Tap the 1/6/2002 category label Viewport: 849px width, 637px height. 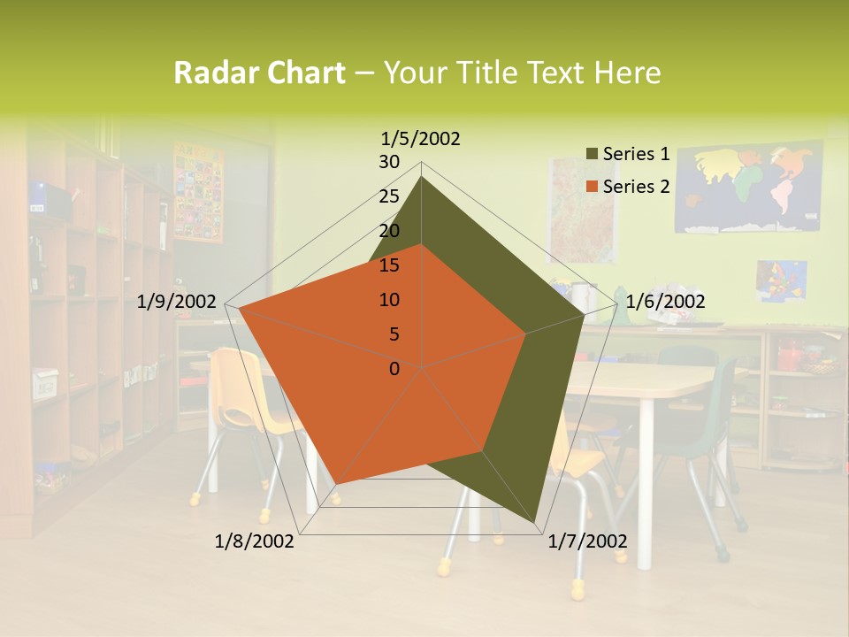[x=665, y=302]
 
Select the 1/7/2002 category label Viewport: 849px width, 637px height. [x=587, y=541]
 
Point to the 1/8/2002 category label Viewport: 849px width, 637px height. [x=255, y=541]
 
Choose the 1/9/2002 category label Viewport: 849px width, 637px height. [x=177, y=302]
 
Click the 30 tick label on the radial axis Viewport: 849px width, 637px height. [x=389, y=162]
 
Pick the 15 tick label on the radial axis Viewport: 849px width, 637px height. [x=389, y=265]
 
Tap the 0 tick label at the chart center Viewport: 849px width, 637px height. [x=394, y=368]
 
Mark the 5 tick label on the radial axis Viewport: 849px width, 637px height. [x=394, y=334]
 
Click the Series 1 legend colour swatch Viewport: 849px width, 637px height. [x=593, y=155]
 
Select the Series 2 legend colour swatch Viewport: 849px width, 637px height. [x=593, y=187]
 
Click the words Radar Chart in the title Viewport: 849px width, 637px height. [x=259, y=73]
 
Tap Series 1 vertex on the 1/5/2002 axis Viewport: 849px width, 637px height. [x=422, y=176]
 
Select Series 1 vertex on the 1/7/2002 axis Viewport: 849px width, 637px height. [x=535, y=524]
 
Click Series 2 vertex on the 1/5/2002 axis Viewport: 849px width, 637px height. [x=422, y=244]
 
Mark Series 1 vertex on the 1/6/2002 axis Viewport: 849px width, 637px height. [x=585, y=314]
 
